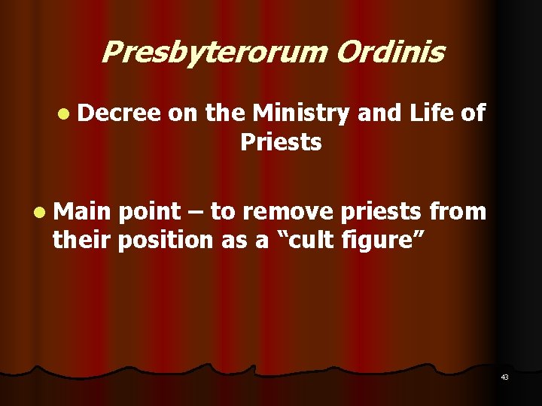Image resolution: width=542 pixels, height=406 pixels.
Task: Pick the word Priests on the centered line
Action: [x=281, y=141]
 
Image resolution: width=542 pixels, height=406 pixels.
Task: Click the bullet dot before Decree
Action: [x=60, y=114]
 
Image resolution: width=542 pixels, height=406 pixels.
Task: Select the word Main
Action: [x=81, y=212]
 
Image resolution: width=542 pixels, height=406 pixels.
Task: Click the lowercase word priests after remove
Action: [x=382, y=213]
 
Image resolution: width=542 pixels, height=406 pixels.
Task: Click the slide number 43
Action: [x=504, y=377]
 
